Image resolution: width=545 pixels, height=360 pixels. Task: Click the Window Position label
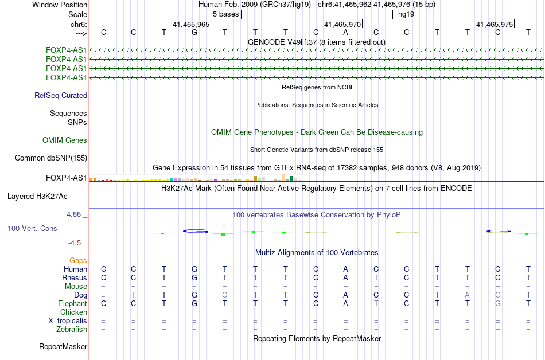[x=60, y=5]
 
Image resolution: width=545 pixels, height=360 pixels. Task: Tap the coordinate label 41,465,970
[x=342, y=24]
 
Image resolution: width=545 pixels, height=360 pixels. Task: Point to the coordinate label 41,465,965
[x=191, y=24]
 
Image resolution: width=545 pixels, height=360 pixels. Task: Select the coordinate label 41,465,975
[x=495, y=24]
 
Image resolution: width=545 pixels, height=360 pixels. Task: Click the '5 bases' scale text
[x=226, y=14]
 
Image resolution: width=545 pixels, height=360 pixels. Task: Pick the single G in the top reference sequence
[x=194, y=32]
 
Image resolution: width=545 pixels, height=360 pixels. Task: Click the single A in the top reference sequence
[x=345, y=32]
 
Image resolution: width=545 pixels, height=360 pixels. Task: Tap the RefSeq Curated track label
[x=61, y=96]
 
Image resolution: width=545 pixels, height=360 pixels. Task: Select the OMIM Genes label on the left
[x=65, y=140]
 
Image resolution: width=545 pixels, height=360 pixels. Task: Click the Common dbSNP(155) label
[x=51, y=158]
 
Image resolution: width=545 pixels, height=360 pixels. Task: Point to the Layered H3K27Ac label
[x=37, y=197]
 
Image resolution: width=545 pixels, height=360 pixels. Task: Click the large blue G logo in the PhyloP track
[x=195, y=231]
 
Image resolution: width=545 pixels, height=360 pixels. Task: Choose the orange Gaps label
[x=78, y=260]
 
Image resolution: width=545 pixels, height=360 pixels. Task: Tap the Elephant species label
[x=73, y=303]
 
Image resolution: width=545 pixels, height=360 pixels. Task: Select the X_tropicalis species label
[x=68, y=321]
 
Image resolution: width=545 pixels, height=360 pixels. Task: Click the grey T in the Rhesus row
[x=376, y=277]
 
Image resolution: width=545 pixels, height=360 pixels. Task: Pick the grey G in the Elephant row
[x=498, y=303]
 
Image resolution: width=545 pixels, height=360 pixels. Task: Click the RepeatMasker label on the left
[x=63, y=346]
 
